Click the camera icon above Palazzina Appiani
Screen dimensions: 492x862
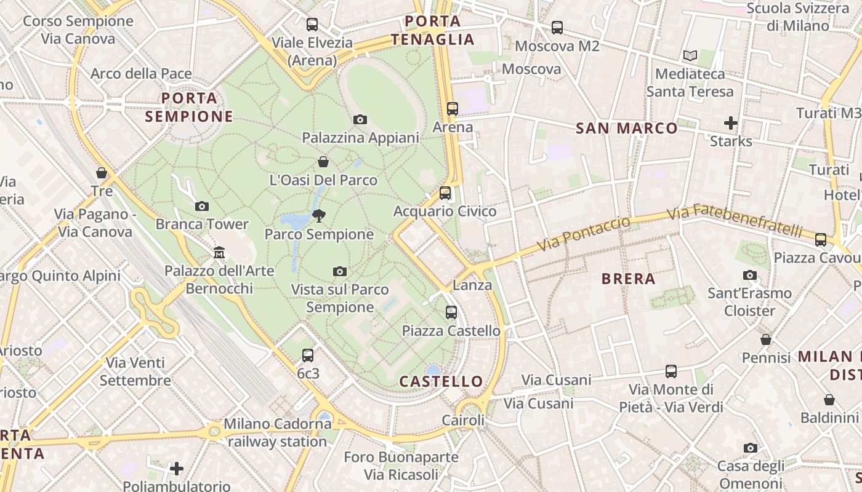pyautogui.click(x=360, y=119)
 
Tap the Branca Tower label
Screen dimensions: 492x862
pyautogui.click(x=202, y=224)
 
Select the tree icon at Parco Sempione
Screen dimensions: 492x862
pyautogui.click(x=319, y=216)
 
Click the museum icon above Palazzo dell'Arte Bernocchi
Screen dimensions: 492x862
pyautogui.click(x=219, y=252)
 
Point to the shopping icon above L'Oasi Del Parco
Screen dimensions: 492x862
pyautogui.click(x=323, y=162)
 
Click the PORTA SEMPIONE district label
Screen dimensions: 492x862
pyautogui.click(x=189, y=107)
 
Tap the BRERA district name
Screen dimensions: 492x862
pyautogui.click(x=628, y=279)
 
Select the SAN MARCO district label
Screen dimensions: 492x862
pyautogui.click(x=627, y=128)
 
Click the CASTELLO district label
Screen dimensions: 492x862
pyautogui.click(x=441, y=381)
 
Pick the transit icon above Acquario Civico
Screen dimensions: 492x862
pyautogui.click(x=445, y=193)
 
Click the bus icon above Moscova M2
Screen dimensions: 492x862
pyautogui.click(x=557, y=28)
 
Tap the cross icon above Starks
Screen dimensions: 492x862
pyautogui.click(x=731, y=123)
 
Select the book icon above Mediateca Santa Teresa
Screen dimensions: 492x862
pyautogui.click(x=690, y=56)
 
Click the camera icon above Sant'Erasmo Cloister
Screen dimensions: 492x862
pyautogui.click(x=749, y=275)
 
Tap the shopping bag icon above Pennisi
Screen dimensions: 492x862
pyautogui.click(x=766, y=339)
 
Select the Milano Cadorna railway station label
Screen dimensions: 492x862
pyautogui.click(x=277, y=432)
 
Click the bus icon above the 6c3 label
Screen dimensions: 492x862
pyautogui.click(x=308, y=355)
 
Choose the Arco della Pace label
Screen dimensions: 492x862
pyautogui.click(x=141, y=74)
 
